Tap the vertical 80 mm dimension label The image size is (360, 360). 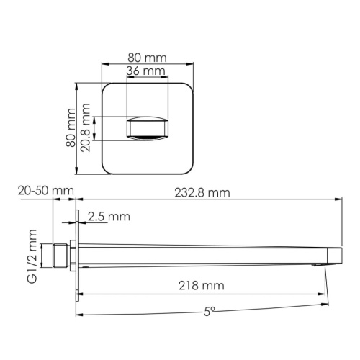(71, 128)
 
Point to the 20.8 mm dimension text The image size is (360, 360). (87, 127)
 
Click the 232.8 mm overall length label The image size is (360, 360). (202, 192)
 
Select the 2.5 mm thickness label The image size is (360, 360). (109, 216)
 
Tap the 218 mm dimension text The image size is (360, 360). (201, 286)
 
